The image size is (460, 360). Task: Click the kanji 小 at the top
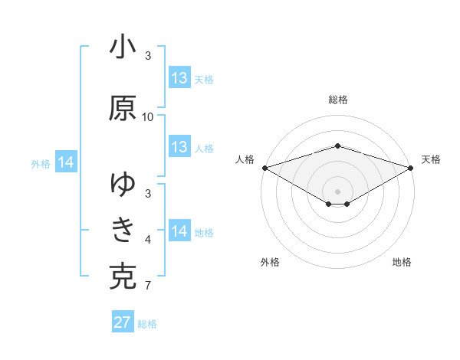(x=123, y=48)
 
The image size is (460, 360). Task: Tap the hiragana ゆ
(x=123, y=185)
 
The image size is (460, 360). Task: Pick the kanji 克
(x=123, y=277)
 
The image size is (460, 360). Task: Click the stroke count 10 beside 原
(x=148, y=116)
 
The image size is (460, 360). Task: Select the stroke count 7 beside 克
(x=147, y=286)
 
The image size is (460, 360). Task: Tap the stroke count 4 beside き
(x=147, y=241)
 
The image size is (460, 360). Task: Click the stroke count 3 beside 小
(x=147, y=56)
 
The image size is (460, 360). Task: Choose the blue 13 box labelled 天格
(x=179, y=78)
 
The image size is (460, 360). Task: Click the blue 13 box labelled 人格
(x=179, y=147)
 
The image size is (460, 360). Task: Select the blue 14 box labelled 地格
(x=179, y=231)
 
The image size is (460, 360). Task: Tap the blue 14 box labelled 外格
(x=66, y=162)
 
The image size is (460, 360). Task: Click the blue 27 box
(x=123, y=322)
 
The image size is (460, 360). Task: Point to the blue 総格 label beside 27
(x=148, y=324)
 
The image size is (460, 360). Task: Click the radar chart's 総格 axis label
(x=338, y=100)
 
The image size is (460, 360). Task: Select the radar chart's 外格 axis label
(x=270, y=262)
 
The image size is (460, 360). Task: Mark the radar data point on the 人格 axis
(x=264, y=168)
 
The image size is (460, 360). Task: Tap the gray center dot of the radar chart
(x=338, y=191)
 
